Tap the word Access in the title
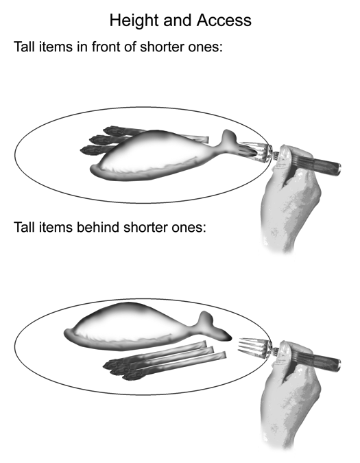tap(224, 21)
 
